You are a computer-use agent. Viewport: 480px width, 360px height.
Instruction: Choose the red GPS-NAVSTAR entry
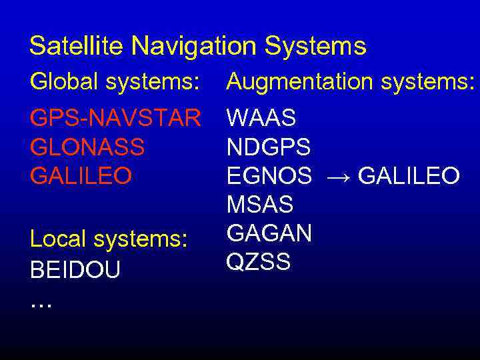pyautogui.click(x=115, y=119)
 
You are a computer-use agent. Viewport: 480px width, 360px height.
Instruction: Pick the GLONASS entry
pyautogui.click(x=87, y=147)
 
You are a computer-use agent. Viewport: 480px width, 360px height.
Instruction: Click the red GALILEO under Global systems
pyautogui.click(x=81, y=176)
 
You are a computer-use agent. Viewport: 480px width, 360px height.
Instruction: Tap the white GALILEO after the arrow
pyautogui.click(x=409, y=176)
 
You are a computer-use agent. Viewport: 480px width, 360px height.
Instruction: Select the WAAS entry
pyautogui.click(x=261, y=119)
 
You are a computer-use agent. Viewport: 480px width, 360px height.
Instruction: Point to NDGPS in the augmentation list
pyautogui.click(x=269, y=147)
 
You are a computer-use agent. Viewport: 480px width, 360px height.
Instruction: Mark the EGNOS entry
pyautogui.click(x=269, y=176)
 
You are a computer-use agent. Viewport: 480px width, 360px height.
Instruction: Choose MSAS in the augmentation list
pyautogui.click(x=260, y=205)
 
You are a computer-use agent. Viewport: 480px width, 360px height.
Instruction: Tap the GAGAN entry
pyautogui.click(x=269, y=233)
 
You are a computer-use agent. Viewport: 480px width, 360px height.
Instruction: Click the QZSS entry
pyautogui.click(x=259, y=262)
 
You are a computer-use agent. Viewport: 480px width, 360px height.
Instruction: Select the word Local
pyautogui.click(x=58, y=239)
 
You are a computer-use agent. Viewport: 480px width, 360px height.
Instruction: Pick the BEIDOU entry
pyautogui.click(x=75, y=270)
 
